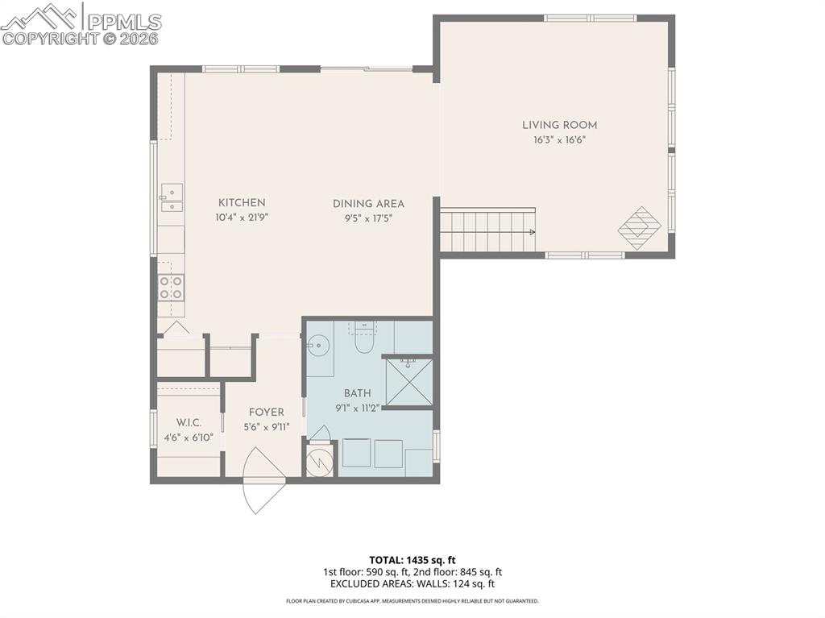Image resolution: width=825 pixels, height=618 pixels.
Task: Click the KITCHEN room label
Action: coord(242,203)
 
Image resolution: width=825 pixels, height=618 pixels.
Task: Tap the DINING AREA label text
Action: coord(368,204)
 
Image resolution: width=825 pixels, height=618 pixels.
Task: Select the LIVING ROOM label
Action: coord(559,125)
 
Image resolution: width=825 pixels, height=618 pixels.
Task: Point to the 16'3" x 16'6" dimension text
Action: coord(559,140)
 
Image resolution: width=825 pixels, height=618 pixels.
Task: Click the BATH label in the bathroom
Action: coord(357,393)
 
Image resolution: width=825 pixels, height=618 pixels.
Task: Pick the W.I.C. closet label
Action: coord(189,423)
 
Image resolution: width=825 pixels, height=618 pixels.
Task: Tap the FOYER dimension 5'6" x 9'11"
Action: coord(266,427)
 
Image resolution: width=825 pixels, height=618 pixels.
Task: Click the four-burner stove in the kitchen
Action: coord(171,288)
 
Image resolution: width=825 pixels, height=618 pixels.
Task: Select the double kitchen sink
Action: coord(171,198)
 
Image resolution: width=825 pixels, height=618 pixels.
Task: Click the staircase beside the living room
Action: coord(487,231)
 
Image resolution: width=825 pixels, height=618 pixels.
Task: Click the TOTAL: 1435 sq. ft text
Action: coord(412,560)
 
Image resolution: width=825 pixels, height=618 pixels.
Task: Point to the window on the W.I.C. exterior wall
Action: coord(153,429)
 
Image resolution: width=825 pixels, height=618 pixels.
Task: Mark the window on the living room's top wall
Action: coord(590,18)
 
